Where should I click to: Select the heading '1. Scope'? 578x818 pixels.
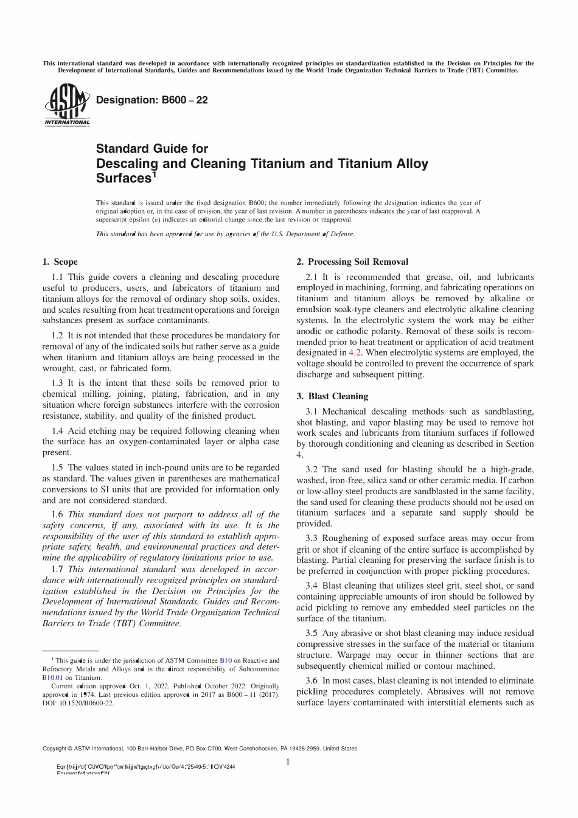60,262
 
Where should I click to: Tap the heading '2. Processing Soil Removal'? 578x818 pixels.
352,262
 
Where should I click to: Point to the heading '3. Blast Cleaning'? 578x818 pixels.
332,396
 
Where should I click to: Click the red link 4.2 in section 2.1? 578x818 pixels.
355,352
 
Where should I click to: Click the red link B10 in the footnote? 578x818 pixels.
225,660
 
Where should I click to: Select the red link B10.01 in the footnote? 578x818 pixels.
52,677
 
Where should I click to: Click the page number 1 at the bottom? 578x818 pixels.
288,762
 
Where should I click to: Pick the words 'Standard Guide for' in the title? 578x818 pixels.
152,149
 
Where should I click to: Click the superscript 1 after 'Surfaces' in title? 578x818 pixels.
155,174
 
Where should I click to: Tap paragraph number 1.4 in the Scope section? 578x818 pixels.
58,431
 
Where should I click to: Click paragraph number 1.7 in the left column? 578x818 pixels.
58,569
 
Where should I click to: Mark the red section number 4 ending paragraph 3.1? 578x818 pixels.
299,455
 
